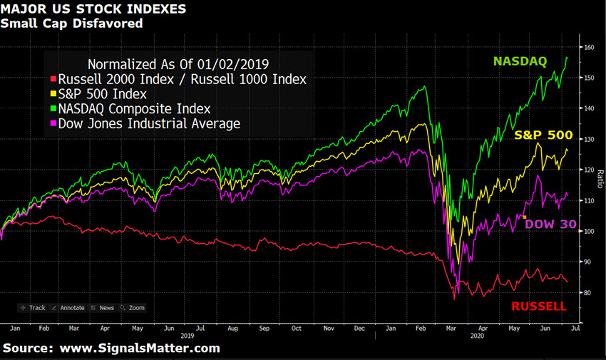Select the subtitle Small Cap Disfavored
(71, 24)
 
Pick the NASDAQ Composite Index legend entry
(133, 109)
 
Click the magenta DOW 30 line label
(550, 224)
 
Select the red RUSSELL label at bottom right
(539, 307)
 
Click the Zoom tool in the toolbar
(132, 308)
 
